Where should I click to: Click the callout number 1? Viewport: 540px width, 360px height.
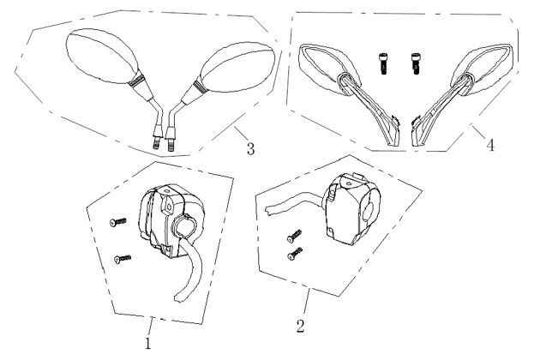tap(148, 343)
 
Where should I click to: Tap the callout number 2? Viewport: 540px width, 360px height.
tap(301, 326)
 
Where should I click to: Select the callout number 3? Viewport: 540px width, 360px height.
tap(250, 149)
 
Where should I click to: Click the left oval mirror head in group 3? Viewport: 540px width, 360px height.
tap(102, 57)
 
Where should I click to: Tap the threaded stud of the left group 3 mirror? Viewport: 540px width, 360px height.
tap(156, 142)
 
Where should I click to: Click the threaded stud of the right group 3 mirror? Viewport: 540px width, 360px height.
tap(171, 145)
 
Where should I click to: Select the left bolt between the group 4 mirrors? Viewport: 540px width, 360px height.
tap(383, 63)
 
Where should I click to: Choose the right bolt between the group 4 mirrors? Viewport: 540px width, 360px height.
tap(416, 63)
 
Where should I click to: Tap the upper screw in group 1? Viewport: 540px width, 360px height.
tap(117, 222)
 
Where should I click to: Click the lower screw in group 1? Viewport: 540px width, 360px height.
tap(123, 259)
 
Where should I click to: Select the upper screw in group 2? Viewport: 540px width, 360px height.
tap(294, 236)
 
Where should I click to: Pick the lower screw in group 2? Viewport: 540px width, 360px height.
tap(295, 254)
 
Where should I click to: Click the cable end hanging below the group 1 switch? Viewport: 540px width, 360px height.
tap(179, 297)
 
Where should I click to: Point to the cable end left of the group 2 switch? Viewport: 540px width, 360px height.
tap(269, 210)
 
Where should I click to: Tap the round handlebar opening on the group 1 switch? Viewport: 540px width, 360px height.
tap(184, 225)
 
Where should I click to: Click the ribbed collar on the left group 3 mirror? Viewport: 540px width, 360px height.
tap(136, 81)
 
